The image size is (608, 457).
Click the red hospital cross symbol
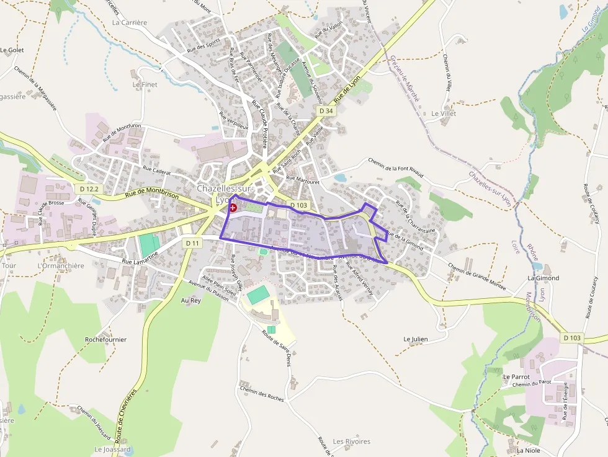click(x=233, y=208)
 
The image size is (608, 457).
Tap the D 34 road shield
click(x=326, y=110)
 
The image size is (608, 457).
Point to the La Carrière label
click(x=130, y=22)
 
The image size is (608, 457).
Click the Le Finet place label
click(x=145, y=84)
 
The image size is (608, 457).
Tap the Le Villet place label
click(x=444, y=114)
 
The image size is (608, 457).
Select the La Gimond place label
click(x=543, y=278)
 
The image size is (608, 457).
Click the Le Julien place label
click(x=416, y=339)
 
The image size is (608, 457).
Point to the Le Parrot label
click(x=516, y=376)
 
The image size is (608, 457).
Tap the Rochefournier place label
click(x=105, y=340)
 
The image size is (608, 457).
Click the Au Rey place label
click(x=191, y=300)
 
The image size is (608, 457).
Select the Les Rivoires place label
click(x=352, y=441)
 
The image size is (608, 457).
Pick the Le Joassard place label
click(x=112, y=449)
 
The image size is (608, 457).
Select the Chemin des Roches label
click(x=261, y=394)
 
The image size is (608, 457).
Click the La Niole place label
click(x=529, y=450)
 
